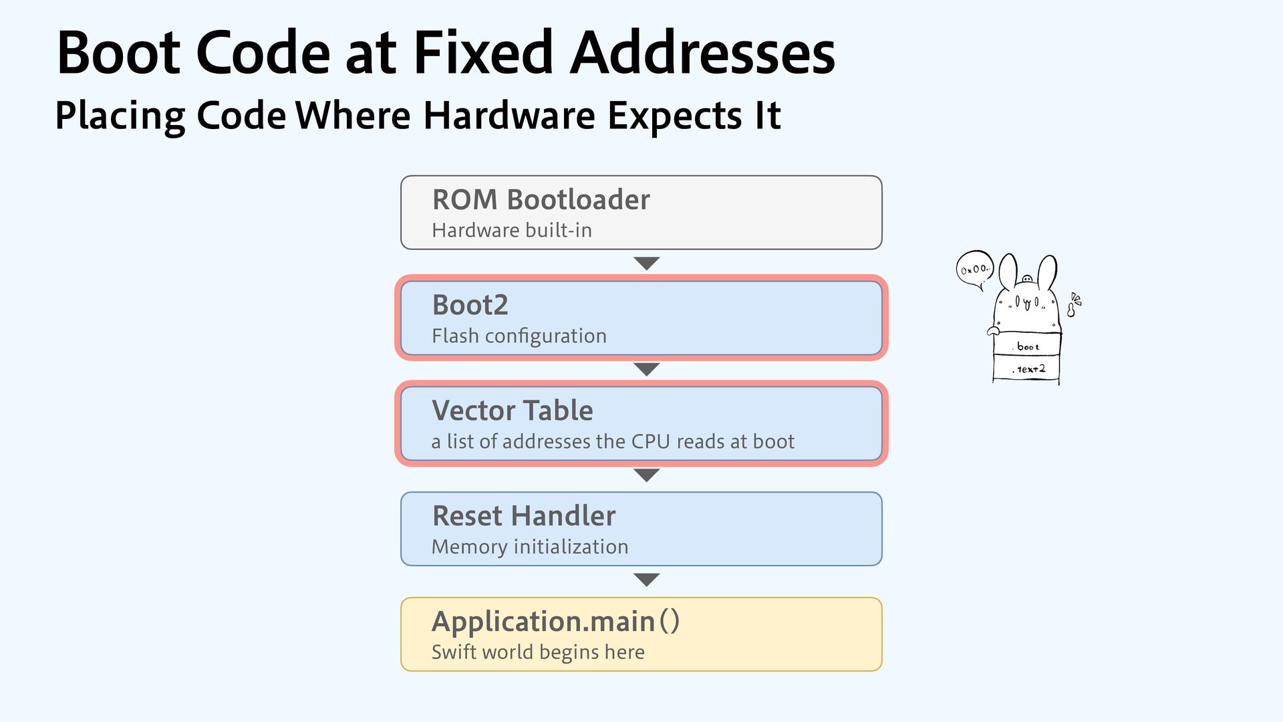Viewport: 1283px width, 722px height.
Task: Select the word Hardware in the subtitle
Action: pyautogui.click(x=509, y=115)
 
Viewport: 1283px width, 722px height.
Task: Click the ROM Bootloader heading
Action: pyautogui.click(x=541, y=199)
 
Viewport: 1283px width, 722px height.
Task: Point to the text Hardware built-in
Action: pyautogui.click(x=512, y=230)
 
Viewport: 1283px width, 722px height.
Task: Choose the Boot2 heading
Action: pyautogui.click(x=470, y=305)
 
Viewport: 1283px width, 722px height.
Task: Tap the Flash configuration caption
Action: pyautogui.click(x=519, y=336)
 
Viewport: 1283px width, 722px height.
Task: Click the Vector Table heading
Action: pyautogui.click(x=512, y=410)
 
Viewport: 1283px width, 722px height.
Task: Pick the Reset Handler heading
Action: pyautogui.click(x=524, y=515)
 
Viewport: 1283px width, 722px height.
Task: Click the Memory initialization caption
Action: pyautogui.click(x=530, y=547)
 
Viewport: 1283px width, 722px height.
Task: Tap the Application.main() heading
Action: pyautogui.click(x=555, y=621)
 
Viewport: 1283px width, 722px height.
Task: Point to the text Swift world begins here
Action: pyautogui.click(x=538, y=652)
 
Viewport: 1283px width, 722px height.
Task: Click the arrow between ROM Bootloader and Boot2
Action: pyautogui.click(x=646, y=263)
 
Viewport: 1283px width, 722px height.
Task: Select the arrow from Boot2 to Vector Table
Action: pyautogui.click(x=646, y=369)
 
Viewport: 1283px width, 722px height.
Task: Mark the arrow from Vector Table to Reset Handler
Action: pyautogui.click(x=646, y=475)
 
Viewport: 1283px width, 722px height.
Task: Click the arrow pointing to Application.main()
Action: pyautogui.click(x=646, y=580)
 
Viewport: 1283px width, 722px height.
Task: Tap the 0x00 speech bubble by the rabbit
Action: pyautogui.click(x=974, y=269)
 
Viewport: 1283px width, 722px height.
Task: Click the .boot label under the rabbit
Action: pyautogui.click(x=1027, y=346)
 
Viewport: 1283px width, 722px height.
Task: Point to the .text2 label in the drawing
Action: pyautogui.click(x=1030, y=369)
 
